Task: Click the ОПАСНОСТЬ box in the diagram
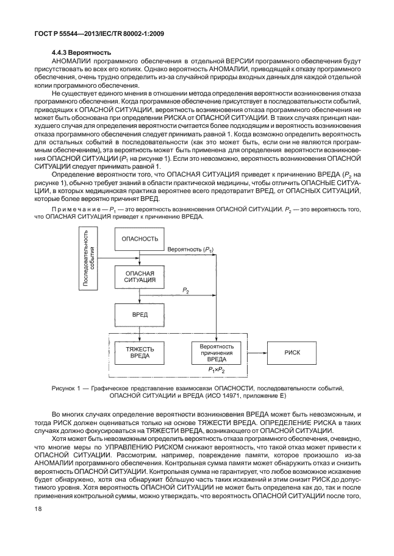(x=140, y=239)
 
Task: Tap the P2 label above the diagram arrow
(x=185, y=292)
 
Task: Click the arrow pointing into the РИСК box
(x=256, y=353)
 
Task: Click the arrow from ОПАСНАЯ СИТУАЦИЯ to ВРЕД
(x=140, y=297)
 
